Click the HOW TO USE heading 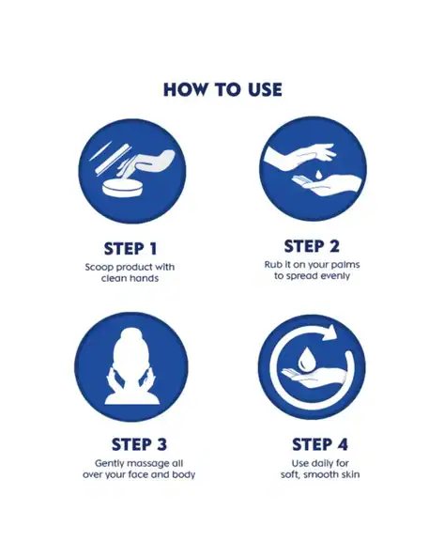[x=222, y=89]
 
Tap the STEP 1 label [x=130, y=249]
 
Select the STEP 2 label [x=312, y=246]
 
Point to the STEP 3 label [x=139, y=444]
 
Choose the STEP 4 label [x=320, y=444]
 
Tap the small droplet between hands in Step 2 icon [x=319, y=174]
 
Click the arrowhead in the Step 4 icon [x=330, y=333]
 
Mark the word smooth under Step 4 [x=320, y=474]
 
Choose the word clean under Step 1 [x=113, y=278]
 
